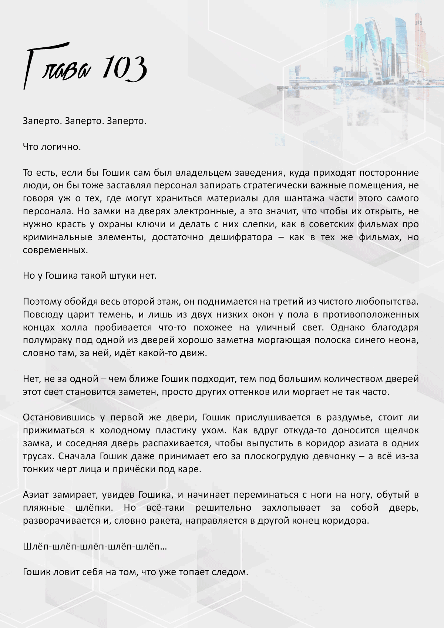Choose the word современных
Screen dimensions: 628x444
click(55, 250)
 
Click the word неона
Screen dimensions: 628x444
click(404, 340)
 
